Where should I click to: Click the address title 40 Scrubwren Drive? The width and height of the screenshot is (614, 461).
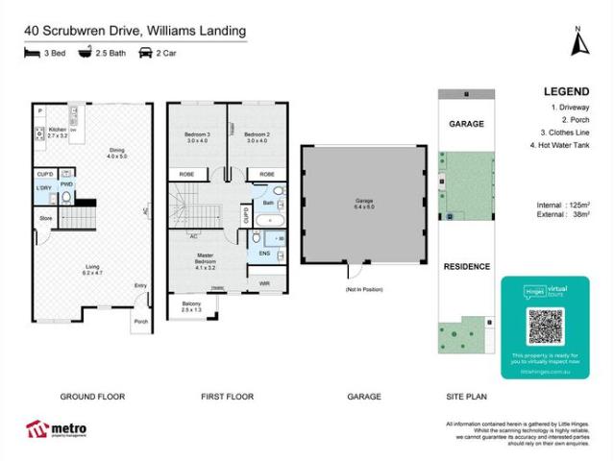(135, 31)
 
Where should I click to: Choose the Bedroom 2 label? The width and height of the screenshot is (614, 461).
(255, 137)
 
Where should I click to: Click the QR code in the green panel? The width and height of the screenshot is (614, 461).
(544, 328)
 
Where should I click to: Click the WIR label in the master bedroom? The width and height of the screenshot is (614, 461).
(265, 283)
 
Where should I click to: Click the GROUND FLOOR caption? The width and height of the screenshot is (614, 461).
(92, 396)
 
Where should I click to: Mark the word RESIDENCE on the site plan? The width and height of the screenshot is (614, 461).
(466, 266)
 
